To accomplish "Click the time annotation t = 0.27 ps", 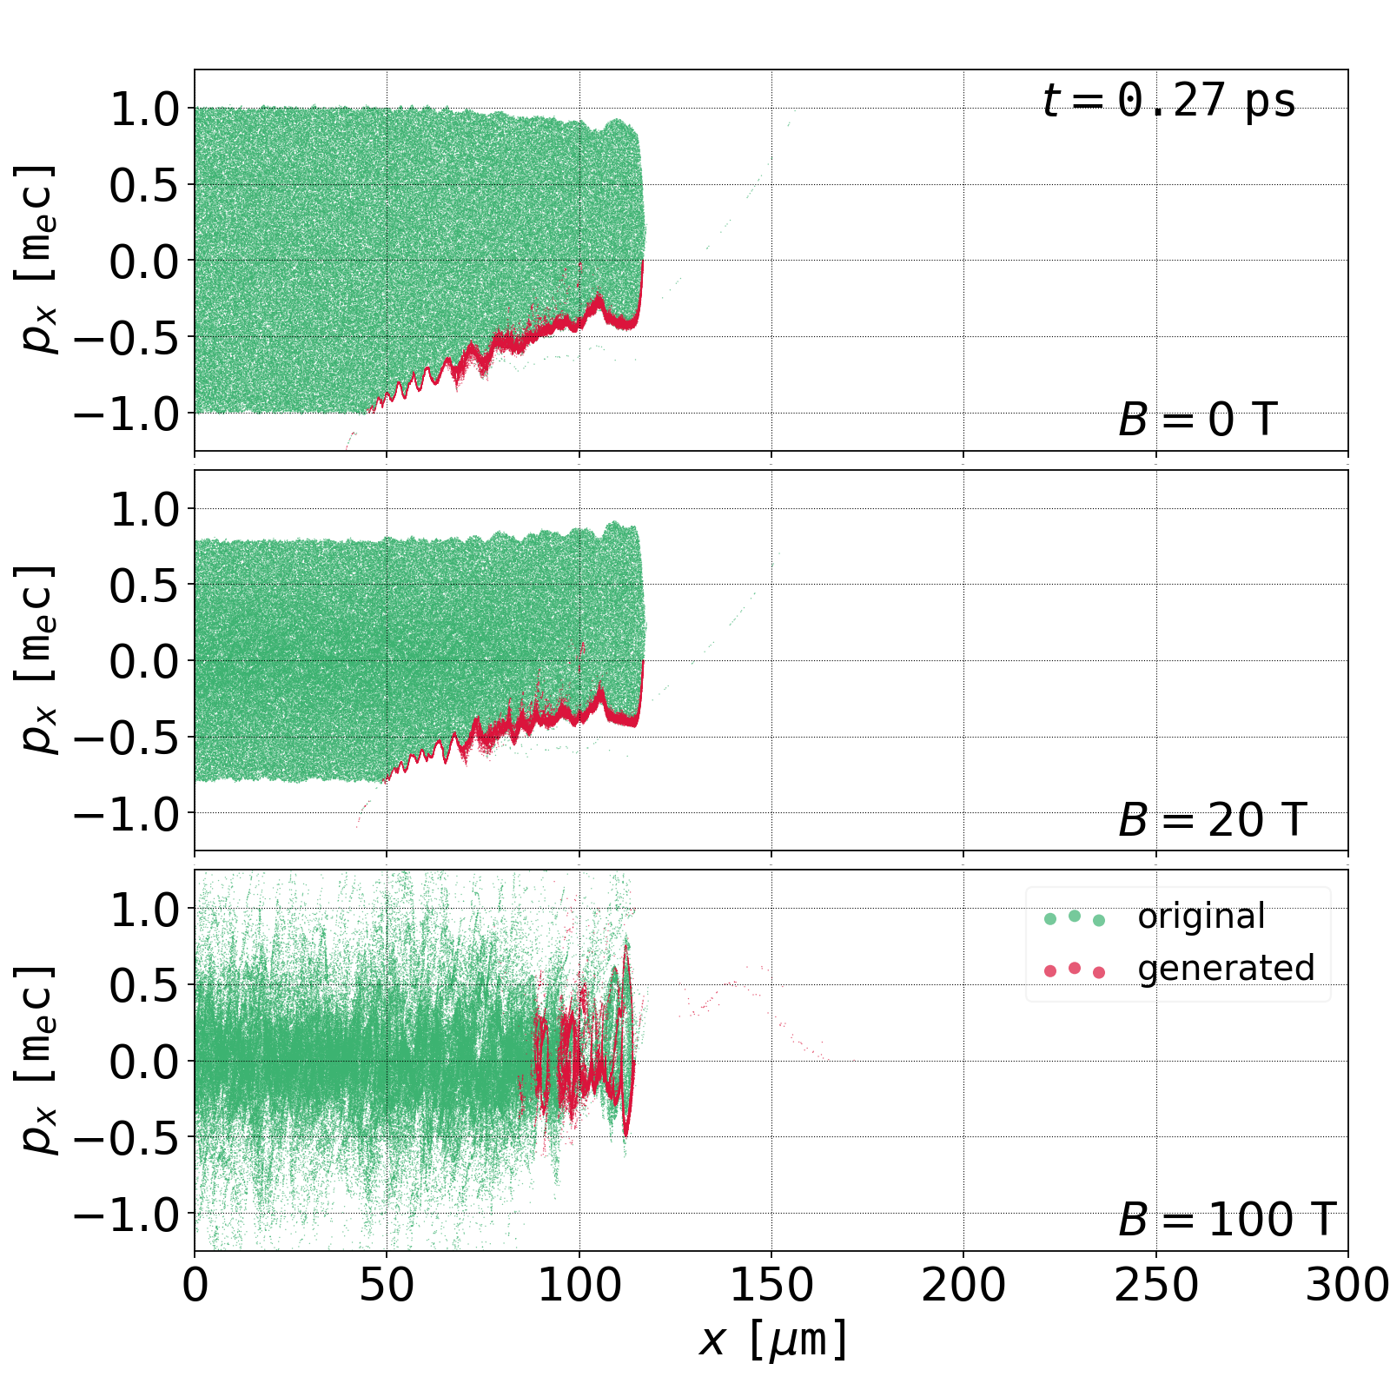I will tap(1168, 101).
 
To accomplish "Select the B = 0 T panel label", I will tap(1197, 420).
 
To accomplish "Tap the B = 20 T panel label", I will tap(1212, 820).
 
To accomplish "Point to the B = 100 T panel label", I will tap(1226, 1220).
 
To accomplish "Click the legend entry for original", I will tap(1201, 917).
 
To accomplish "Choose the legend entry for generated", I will tap(1225, 968).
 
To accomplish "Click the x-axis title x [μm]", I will tap(771, 1340).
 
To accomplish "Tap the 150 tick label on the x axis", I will tap(771, 1285).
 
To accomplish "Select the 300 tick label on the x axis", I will tap(1347, 1285).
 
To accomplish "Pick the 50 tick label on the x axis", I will tap(387, 1285).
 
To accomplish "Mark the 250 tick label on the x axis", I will tap(1155, 1285).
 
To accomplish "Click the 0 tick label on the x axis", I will tap(195, 1285).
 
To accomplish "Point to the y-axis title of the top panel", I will tap(36, 260).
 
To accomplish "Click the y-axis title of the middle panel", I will tap(36, 660).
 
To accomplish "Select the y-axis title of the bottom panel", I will tap(36, 1060).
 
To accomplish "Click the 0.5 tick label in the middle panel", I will tap(144, 586).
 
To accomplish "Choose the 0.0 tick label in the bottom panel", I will tap(144, 1062).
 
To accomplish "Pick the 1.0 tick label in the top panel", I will tap(144, 109).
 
